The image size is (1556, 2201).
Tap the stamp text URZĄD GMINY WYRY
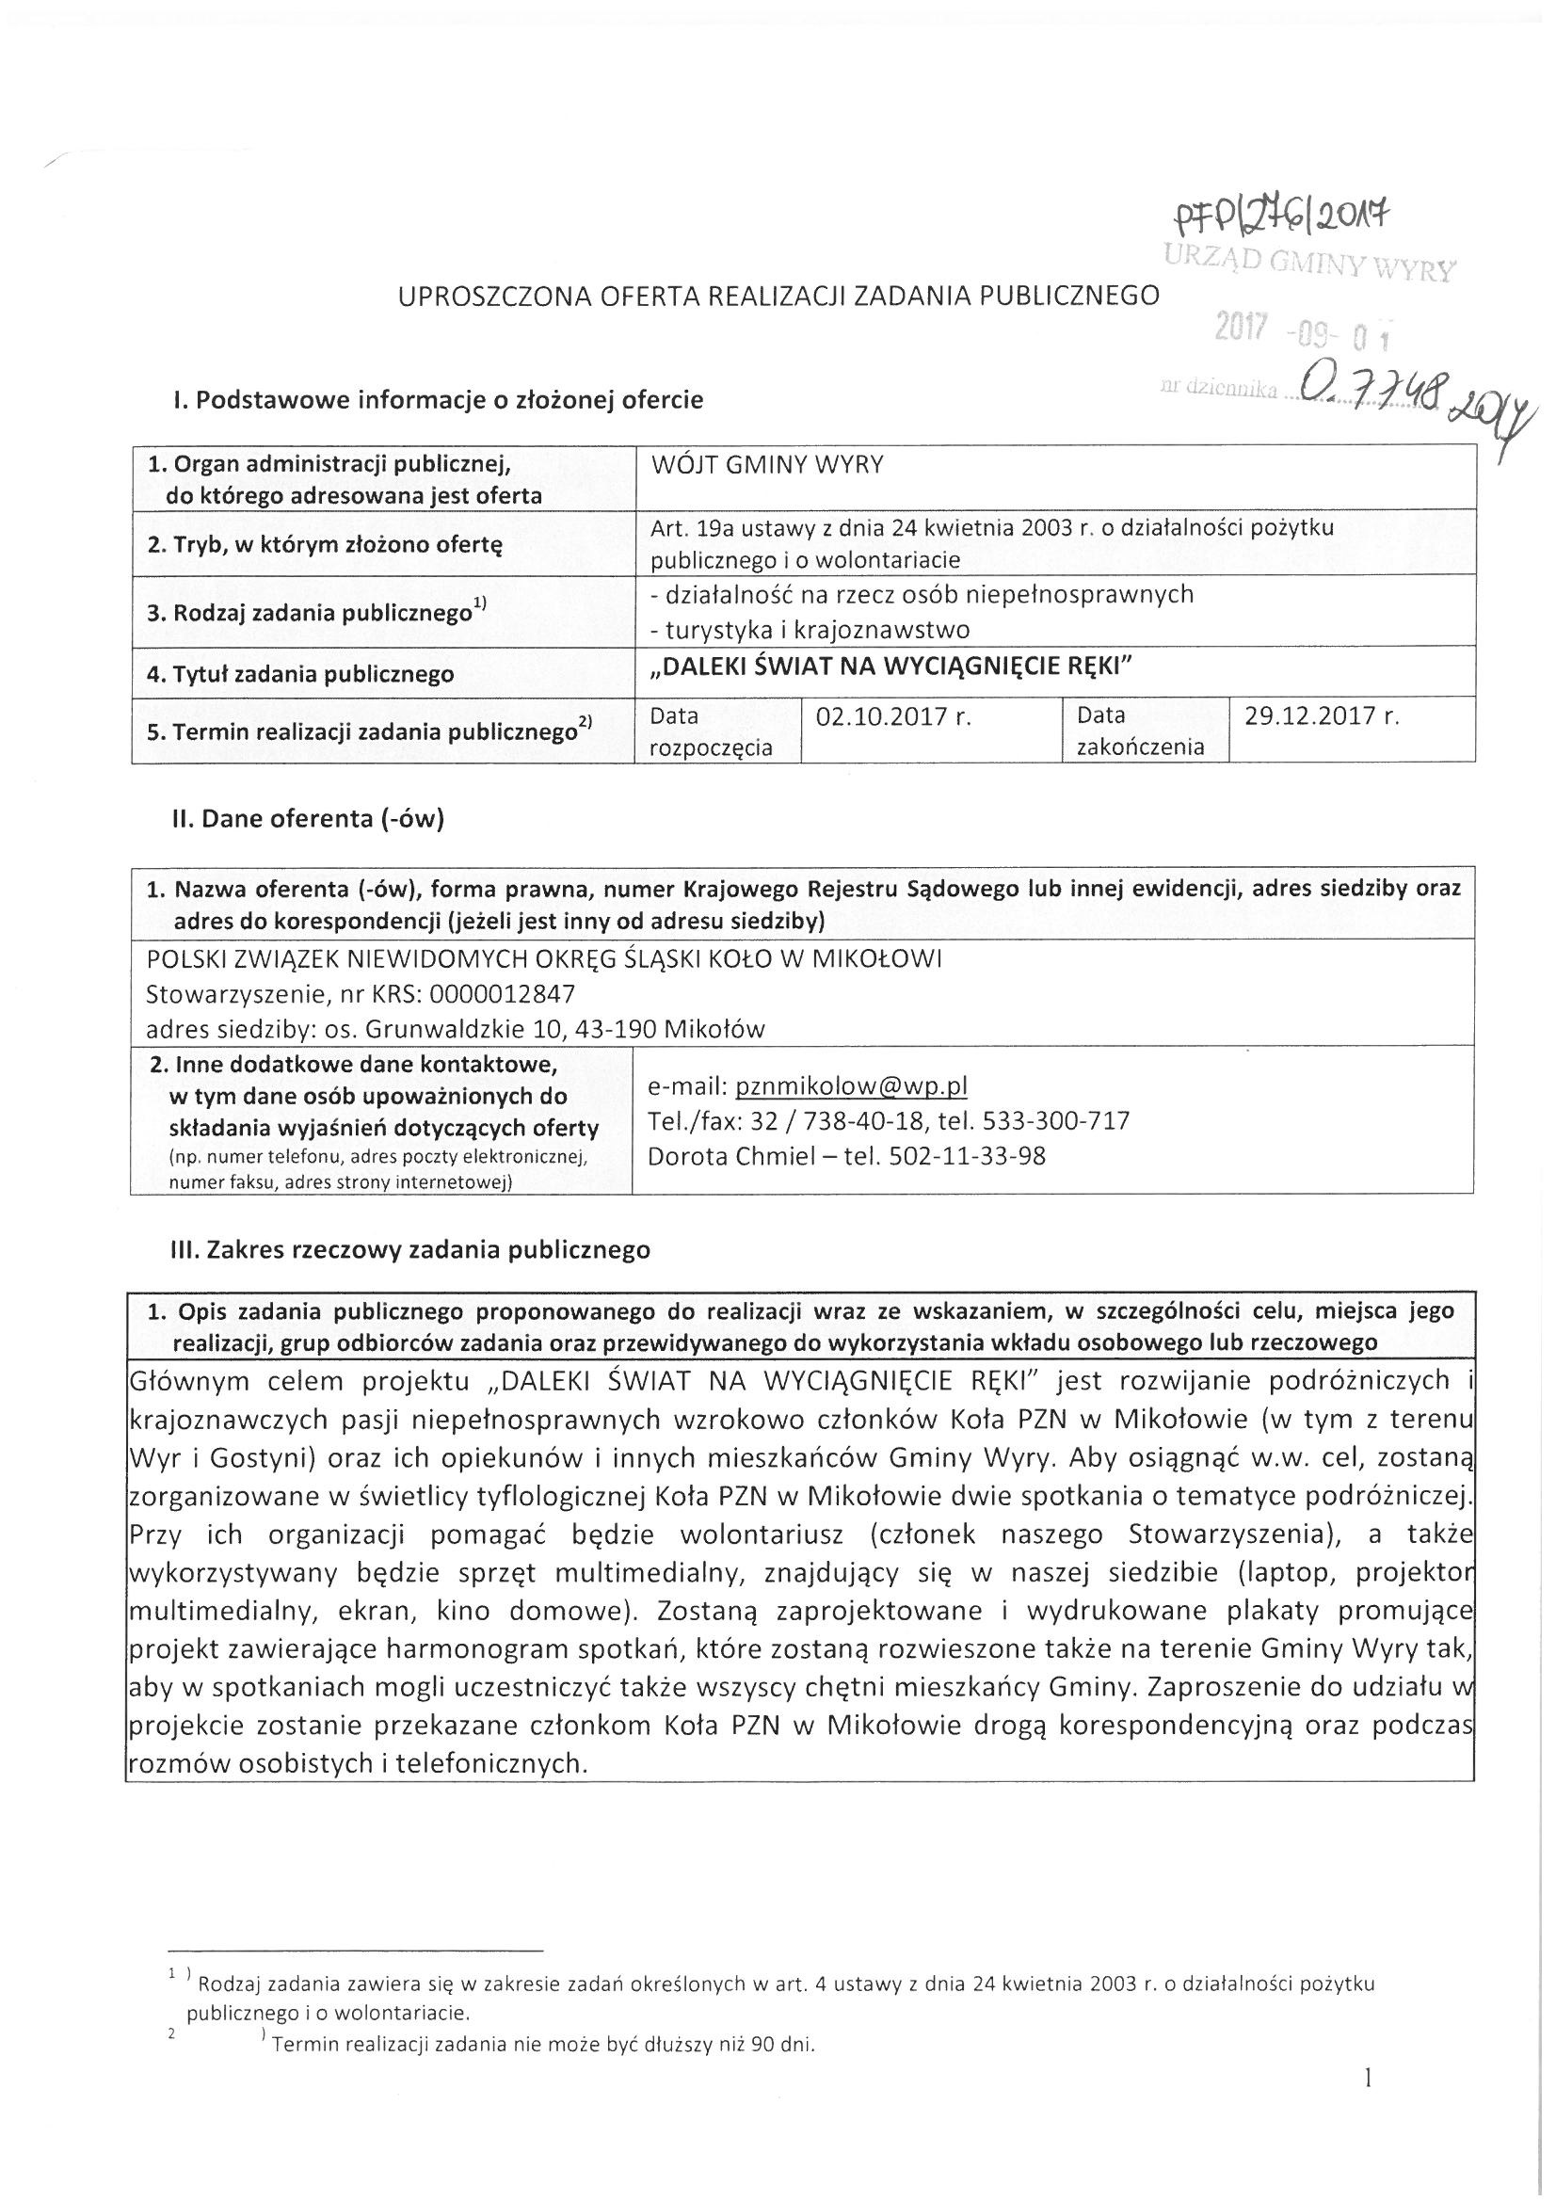click(1308, 263)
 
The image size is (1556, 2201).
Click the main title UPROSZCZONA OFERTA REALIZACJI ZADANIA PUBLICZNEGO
click(778, 296)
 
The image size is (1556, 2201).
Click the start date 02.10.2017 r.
click(892, 716)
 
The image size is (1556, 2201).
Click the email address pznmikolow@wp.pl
click(851, 1085)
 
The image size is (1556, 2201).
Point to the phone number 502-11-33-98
click(968, 1156)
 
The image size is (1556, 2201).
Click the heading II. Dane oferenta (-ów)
click(307, 820)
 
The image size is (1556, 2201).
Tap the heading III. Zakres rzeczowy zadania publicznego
click(410, 1250)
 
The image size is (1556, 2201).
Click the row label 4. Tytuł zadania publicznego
click(300, 674)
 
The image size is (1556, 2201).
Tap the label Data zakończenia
click(1140, 731)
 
